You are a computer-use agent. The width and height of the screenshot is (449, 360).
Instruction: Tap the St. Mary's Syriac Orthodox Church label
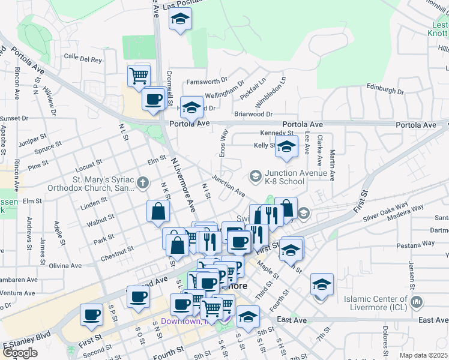point(104,183)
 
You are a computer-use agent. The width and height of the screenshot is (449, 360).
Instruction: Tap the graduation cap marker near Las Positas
point(179,20)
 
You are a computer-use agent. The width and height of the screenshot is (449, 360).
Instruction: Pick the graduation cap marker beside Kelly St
point(287,148)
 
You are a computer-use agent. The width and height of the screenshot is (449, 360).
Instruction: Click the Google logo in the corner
point(20,353)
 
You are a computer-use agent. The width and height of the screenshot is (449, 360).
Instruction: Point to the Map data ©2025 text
point(424,355)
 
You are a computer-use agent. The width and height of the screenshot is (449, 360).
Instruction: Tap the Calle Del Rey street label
point(83,59)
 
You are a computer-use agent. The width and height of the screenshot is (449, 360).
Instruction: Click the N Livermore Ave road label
point(184,185)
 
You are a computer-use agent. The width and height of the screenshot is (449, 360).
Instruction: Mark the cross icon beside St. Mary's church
point(142,182)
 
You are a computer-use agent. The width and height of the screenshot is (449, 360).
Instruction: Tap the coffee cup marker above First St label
point(92,314)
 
